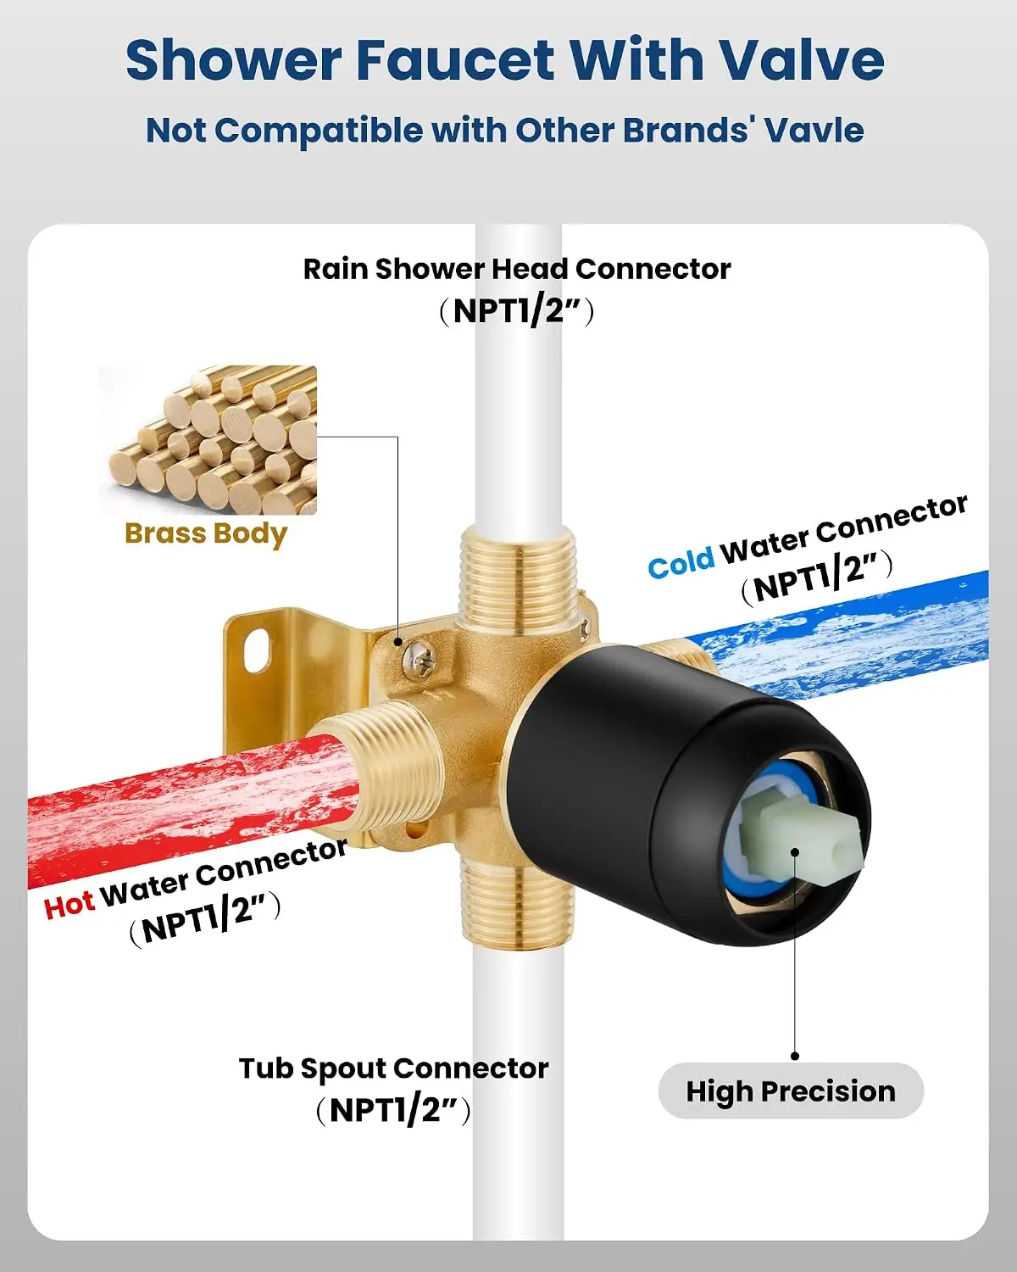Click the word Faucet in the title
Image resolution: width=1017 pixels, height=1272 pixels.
tap(456, 59)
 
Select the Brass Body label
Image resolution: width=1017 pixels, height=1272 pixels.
tap(206, 534)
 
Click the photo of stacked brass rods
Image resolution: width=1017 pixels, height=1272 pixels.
tap(208, 439)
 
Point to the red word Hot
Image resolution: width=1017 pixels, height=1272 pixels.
tap(69, 904)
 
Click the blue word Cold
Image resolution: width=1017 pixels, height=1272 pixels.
tap(681, 562)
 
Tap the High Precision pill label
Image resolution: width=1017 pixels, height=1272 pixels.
tap(791, 1091)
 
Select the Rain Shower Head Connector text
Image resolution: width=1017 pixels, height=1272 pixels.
tap(517, 269)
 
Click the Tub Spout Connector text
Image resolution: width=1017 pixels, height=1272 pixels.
tap(393, 1068)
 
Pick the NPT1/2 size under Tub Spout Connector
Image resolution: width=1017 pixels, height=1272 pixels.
tap(393, 1110)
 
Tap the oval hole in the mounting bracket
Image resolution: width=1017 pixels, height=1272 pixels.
tap(257, 650)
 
